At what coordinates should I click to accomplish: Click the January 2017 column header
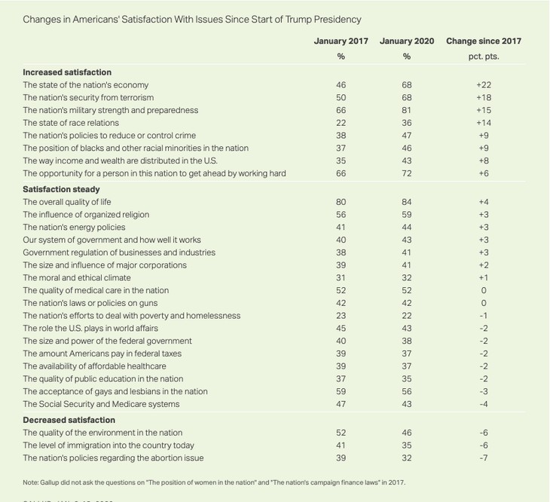point(341,41)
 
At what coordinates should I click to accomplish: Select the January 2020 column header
point(407,41)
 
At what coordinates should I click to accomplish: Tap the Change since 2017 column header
point(483,41)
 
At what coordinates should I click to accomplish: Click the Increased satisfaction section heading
point(67,72)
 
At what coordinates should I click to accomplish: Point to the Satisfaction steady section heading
point(61,189)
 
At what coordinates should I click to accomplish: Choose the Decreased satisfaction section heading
point(69,420)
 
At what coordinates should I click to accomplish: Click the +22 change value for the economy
point(483,85)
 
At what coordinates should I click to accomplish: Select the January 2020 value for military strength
point(407,110)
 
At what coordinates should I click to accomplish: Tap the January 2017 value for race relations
point(341,123)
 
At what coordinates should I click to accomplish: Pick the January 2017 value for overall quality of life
point(341,202)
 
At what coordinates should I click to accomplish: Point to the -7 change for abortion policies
point(483,458)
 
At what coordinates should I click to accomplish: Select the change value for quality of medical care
point(483,290)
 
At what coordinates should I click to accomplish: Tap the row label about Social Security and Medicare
point(101,404)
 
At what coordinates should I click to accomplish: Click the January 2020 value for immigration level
point(407,445)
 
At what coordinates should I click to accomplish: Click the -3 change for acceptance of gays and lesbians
point(483,391)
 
